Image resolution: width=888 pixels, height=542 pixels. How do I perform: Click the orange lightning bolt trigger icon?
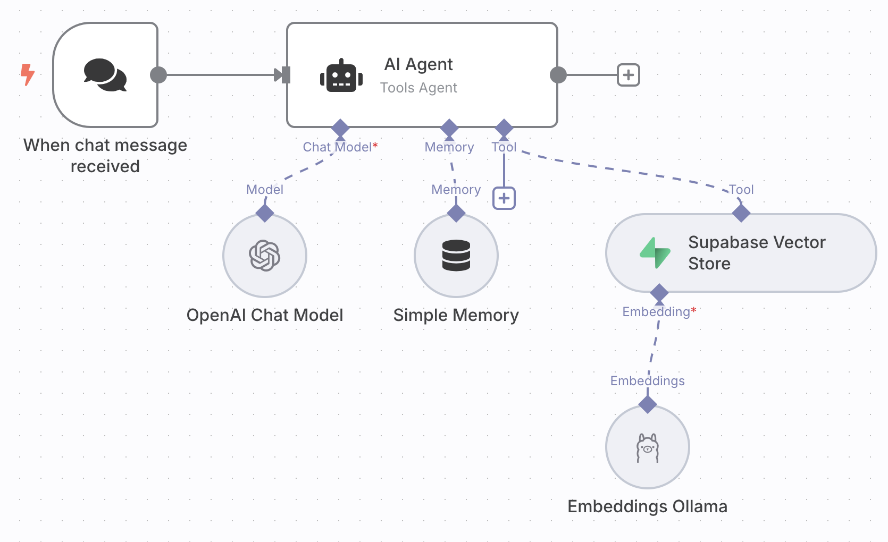coord(27,74)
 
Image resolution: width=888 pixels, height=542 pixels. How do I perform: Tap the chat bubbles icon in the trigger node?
coord(105,75)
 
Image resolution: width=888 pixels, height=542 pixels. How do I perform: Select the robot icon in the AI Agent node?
coord(341,75)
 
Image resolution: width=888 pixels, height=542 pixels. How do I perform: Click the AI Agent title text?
coord(418,64)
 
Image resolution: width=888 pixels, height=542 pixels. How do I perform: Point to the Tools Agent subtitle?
coord(418,88)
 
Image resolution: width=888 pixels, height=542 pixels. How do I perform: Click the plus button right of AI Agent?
coord(629,75)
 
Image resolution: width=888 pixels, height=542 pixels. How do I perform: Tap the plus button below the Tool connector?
coord(504,198)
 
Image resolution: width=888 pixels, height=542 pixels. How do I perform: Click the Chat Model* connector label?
coord(340,147)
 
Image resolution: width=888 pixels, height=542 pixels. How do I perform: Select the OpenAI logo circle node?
coord(265,256)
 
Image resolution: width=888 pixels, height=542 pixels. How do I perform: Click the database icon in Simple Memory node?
coord(456,256)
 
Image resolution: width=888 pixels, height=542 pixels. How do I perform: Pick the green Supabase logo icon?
coord(655,253)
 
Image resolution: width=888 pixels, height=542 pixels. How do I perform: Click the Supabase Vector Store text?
coord(757,253)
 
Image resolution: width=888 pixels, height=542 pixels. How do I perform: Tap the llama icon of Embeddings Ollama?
coord(648,448)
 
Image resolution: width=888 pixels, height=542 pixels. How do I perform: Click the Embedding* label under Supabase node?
coord(659,312)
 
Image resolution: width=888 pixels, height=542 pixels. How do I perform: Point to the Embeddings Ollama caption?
coord(647,506)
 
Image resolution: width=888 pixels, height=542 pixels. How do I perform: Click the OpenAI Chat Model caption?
coord(265,315)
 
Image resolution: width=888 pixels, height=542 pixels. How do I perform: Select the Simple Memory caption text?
coord(456,316)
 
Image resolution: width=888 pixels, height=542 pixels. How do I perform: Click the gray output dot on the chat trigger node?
coord(158,75)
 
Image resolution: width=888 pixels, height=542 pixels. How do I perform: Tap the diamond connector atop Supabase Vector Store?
coord(741,214)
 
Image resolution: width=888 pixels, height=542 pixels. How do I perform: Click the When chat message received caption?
coord(105,155)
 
